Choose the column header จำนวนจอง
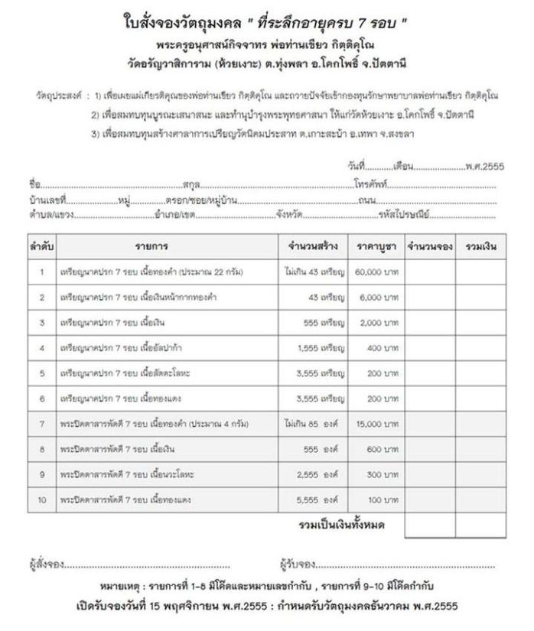pyautogui.click(x=429, y=247)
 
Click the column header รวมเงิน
pyautogui.click(x=480, y=247)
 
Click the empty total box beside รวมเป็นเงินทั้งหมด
pyautogui.click(x=429, y=526)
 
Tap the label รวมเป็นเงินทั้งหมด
pyautogui.click(x=340, y=525)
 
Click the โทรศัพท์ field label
pyautogui.click(x=372, y=185)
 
